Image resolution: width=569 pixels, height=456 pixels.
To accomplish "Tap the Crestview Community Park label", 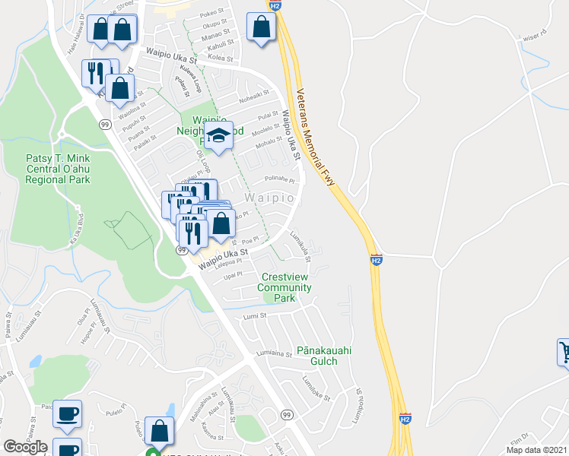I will [x=284, y=287].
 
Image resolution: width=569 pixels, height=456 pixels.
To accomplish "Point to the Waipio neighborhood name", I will [x=269, y=198].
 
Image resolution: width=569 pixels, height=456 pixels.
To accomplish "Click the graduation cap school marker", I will [x=219, y=137].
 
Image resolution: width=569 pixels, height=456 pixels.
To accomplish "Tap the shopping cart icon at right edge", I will [x=564, y=351].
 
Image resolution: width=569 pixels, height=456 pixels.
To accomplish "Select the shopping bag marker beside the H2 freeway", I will [x=261, y=27].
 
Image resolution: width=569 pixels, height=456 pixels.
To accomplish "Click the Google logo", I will [x=25, y=446].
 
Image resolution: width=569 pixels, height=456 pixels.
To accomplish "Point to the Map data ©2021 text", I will [x=536, y=450].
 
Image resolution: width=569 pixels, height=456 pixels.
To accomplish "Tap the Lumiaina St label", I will [x=274, y=353].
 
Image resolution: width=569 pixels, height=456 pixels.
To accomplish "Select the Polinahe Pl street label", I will [x=278, y=179].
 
